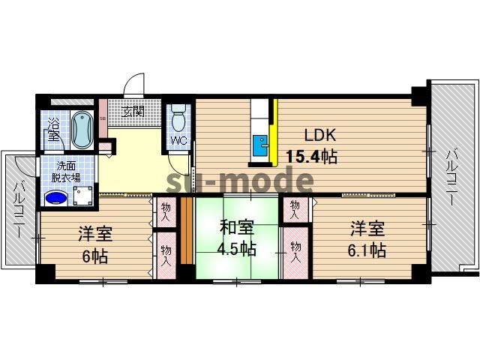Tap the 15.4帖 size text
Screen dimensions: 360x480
click(311, 157)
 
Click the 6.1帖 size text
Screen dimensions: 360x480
click(366, 250)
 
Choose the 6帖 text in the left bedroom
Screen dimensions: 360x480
click(94, 256)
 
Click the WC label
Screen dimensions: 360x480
click(178, 141)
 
